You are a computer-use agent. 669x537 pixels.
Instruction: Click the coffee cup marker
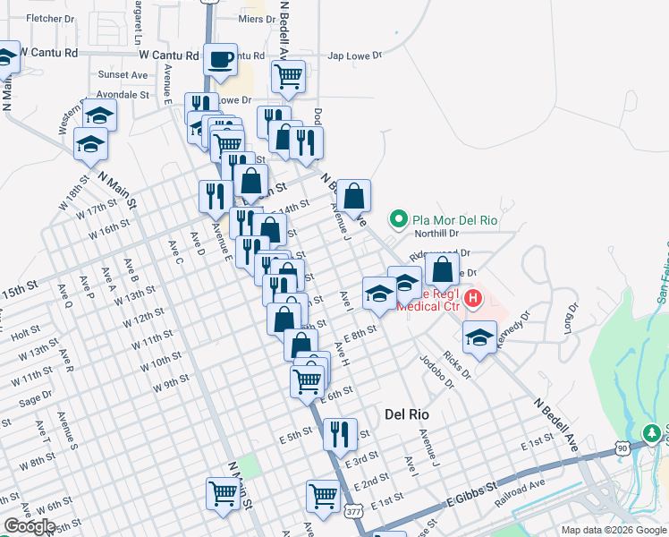pos(220,61)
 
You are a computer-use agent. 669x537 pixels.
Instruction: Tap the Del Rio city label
pos(407,414)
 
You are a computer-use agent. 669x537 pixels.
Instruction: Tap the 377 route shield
pos(353,509)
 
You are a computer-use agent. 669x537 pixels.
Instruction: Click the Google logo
pos(30,526)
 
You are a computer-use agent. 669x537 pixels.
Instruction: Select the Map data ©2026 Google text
pos(614,530)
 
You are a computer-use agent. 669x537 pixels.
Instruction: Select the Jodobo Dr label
pos(437,371)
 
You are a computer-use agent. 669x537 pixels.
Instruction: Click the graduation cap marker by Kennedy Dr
pos(480,337)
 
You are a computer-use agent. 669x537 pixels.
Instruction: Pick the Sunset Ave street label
pos(123,74)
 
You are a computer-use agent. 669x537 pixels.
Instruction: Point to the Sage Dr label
pos(35,398)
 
